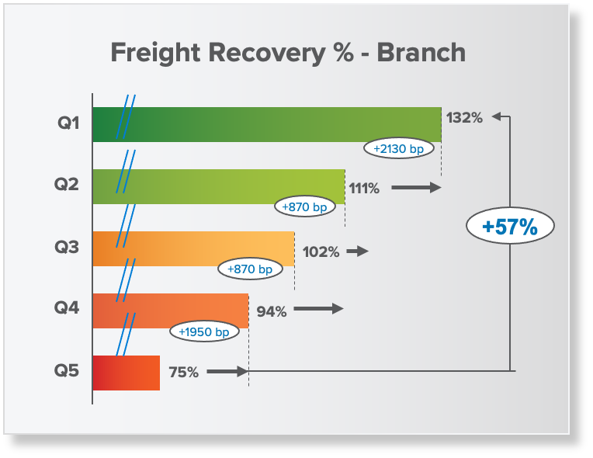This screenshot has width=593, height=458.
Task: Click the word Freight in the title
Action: (x=155, y=53)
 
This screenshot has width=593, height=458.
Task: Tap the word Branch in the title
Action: (x=421, y=52)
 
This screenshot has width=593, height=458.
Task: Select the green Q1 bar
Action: (x=267, y=125)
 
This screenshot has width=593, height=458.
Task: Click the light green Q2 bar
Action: (x=219, y=187)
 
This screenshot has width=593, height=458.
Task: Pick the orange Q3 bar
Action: (x=193, y=249)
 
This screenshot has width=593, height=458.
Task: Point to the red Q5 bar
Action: (x=127, y=373)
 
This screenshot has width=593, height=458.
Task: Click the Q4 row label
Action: (x=67, y=307)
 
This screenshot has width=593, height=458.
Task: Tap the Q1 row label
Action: (x=68, y=123)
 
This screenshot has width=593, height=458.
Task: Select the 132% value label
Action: (x=464, y=118)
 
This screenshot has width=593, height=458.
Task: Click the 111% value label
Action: (x=364, y=189)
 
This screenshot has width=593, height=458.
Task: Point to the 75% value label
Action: (x=184, y=373)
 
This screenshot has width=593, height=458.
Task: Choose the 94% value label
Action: (x=272, y=311)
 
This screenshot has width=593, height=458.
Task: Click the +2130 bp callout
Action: (x=399, y=148)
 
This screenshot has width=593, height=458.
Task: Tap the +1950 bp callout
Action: (x=204, y=331)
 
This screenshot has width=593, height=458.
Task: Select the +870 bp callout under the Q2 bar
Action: (x=305, y=206)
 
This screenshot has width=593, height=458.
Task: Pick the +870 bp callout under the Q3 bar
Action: (x=251, y=269)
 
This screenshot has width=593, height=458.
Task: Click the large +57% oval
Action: (x=510, y=226)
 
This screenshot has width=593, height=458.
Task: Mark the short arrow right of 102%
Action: (x=357, y=251)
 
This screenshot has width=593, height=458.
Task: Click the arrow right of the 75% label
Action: (x=227, y=371)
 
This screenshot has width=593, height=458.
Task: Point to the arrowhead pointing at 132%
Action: (x=497, y=117)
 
